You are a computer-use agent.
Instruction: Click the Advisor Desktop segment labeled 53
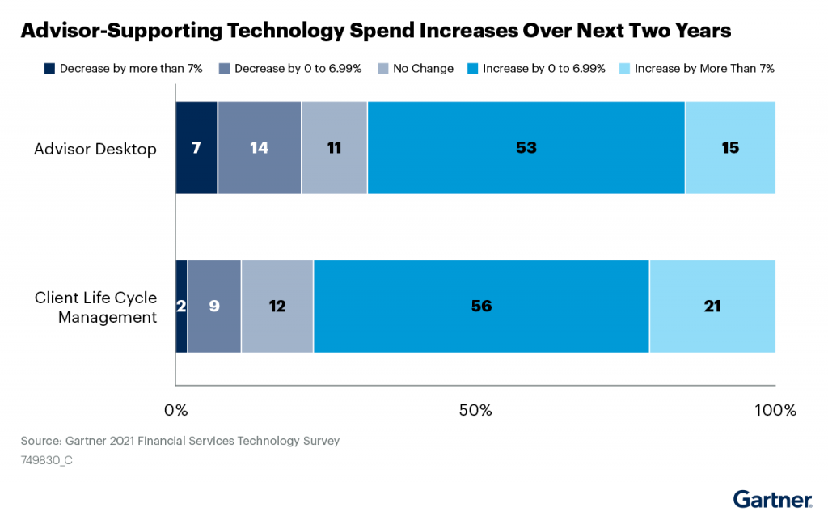(526, 148)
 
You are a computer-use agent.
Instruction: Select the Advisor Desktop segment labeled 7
(196, 148)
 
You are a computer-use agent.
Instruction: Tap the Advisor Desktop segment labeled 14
(259, 148)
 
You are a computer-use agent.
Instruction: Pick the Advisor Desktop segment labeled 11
(334, 148)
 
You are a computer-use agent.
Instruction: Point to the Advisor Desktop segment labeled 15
(730, 148)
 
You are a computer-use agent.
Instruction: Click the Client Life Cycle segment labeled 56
(481, 307)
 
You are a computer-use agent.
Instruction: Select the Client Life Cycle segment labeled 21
(712, 307)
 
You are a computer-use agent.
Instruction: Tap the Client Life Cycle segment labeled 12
(277, 307)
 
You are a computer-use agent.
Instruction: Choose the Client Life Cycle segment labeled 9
(214, 307)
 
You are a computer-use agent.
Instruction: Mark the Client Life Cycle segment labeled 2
(181, 307)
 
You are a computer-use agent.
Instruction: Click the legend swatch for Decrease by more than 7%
(50, 69)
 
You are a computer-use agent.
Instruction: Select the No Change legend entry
(423, 69)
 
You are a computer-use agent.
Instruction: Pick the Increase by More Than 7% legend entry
(704, 69)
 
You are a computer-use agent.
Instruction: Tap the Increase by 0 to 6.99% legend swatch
(473, 69)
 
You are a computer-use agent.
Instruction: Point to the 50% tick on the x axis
(475, 410)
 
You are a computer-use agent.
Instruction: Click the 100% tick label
(775, 410)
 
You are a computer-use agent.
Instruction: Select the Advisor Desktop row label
(95, 150)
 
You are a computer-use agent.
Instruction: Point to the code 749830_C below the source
(48, 459)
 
